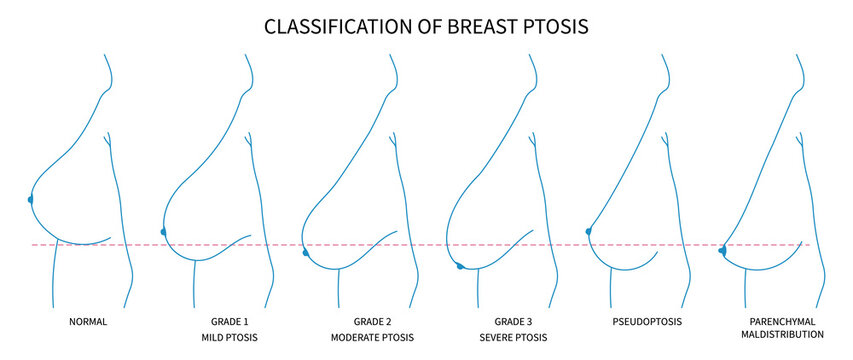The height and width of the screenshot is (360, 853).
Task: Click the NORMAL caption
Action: (88, 322)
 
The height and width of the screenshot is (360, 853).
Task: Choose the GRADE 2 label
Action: (370, 322)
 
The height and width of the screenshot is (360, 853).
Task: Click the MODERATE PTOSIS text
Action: (370, 339)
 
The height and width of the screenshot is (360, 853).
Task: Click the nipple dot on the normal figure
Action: (31, 200)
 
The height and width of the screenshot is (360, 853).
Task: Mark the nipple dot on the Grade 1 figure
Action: (163, 231)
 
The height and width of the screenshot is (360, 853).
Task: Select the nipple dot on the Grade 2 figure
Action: (306, 253)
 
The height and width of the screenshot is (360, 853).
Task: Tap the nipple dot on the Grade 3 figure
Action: (460, 266)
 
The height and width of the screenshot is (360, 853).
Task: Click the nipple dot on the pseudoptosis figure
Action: (588, 231)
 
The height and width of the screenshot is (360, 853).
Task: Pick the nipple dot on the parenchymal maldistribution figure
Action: (722, 250)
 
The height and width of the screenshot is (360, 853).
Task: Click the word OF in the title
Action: (428, 27)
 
